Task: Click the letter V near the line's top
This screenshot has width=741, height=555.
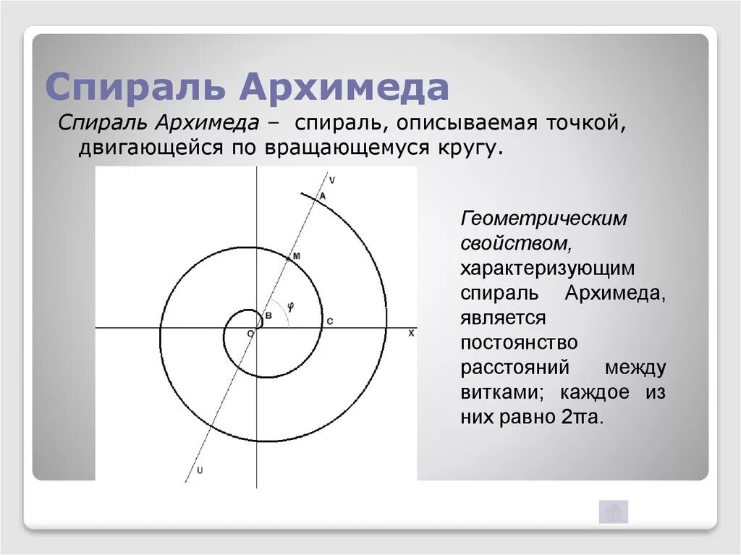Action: pos(331,179)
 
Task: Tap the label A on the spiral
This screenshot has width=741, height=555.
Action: pos(322,195)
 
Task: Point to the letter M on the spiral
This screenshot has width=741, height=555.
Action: pos(296,257)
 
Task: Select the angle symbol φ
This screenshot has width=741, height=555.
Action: pos(290,305)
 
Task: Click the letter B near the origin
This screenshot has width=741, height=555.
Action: pos(267,316)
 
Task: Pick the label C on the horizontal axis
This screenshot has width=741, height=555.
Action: pos(329,321)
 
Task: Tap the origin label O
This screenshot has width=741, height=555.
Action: pos(250,334)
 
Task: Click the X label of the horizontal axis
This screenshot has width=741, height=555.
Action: pos(411,333)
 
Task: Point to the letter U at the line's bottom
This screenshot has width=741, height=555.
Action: pos(200,470)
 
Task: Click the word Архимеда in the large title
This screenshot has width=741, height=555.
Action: pos(345,87)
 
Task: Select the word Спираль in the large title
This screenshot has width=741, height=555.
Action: pos(137,87)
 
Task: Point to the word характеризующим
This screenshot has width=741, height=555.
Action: pos(548,268)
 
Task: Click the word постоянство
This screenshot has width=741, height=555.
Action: pos(519,342)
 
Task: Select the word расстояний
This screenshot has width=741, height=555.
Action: pos(515,368)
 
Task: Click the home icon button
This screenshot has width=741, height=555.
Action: pos(613,512)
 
